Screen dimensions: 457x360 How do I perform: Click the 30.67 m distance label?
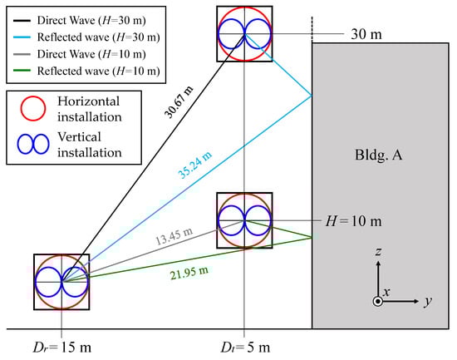[179, 102]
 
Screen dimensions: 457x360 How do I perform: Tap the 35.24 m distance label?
[195, 165]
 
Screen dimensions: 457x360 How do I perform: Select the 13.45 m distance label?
[174, 236]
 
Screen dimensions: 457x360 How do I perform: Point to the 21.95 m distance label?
[189, 273]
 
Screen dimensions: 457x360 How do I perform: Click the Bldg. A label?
[378, 155]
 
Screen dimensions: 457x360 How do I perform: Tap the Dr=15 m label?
[61, 348]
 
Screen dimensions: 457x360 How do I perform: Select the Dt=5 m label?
[245, 348]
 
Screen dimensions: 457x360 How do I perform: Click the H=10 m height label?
[353, 221]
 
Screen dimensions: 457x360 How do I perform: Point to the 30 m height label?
[366, 34]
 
